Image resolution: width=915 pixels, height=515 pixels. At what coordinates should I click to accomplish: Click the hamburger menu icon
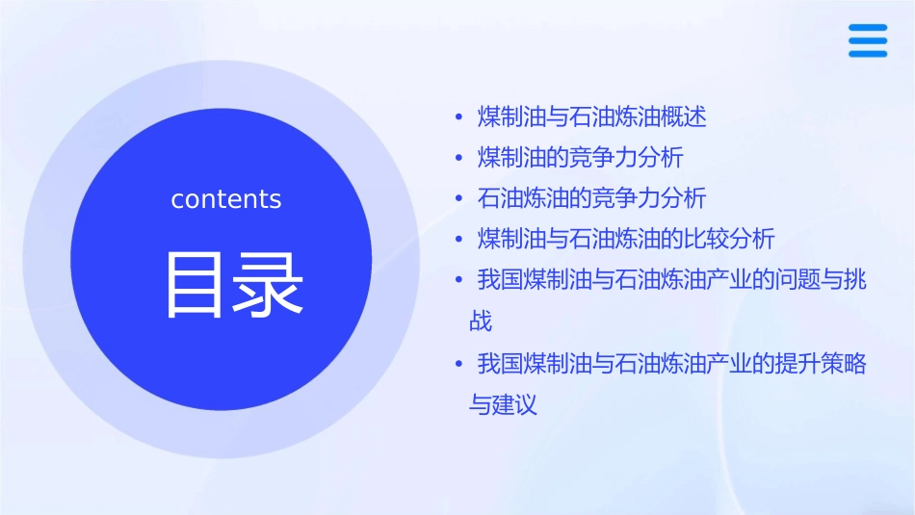[867, 40]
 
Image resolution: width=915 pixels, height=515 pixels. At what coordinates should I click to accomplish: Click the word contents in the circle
[226, 199]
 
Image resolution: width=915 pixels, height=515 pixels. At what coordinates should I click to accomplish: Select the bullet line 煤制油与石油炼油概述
[592, 117]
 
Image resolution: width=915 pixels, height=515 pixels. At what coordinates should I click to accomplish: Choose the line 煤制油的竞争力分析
[580, 158]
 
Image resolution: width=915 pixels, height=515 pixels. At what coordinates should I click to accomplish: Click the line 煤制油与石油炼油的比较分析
[626, 239]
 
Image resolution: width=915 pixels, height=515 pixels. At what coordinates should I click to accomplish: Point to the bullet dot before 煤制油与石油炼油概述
[459, 118]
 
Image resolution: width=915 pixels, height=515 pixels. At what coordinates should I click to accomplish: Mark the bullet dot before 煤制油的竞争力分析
[459, 159]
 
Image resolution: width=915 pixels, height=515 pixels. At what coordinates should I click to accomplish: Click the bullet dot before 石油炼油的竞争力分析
[459, 199]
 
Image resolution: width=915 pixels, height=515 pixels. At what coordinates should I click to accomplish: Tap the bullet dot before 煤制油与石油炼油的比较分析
[459, 240]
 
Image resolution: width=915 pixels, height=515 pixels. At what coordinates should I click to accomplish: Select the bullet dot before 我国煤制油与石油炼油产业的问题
[459, 281]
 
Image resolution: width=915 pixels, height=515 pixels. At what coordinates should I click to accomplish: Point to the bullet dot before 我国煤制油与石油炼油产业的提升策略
[459, 365]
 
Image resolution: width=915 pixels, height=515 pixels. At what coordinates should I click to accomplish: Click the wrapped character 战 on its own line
[481, 321]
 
